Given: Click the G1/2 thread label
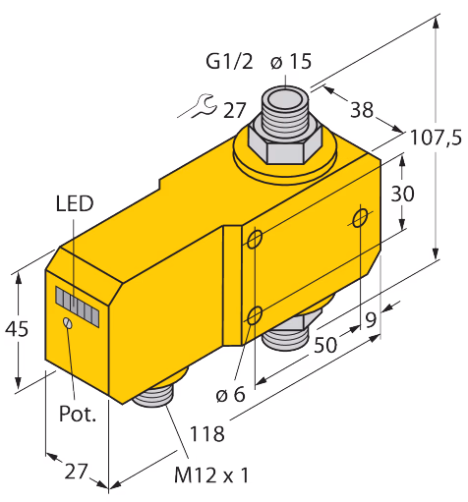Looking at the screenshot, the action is pos(229,61).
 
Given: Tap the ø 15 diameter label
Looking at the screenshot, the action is pos(291,61).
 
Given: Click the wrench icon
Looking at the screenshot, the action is pos(198,106).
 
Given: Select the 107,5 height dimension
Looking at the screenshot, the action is pos(436,138).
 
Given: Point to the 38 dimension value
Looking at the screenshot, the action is pos(362,109).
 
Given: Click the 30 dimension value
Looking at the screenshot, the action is pos(402,194).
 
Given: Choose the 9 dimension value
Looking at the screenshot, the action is pos(371,320).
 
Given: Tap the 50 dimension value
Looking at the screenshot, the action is pos(325,345).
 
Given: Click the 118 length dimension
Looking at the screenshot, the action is pos(207,434).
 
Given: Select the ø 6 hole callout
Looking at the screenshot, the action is pos(230,394).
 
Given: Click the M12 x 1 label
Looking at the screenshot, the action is pos(211,474).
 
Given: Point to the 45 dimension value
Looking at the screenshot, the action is pos(17,328).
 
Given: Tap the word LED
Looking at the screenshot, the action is pos(75,203).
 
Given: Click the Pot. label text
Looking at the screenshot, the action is pos(78,414).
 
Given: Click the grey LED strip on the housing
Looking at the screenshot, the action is pos(78,307).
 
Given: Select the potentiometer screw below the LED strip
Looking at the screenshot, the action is pos(68,322).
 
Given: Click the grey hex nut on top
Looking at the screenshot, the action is pos(284,145).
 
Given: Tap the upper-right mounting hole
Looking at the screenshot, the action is pos(360,218).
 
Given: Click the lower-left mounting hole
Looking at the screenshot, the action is pos(255,315).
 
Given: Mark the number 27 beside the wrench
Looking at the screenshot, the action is pos(234,111).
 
